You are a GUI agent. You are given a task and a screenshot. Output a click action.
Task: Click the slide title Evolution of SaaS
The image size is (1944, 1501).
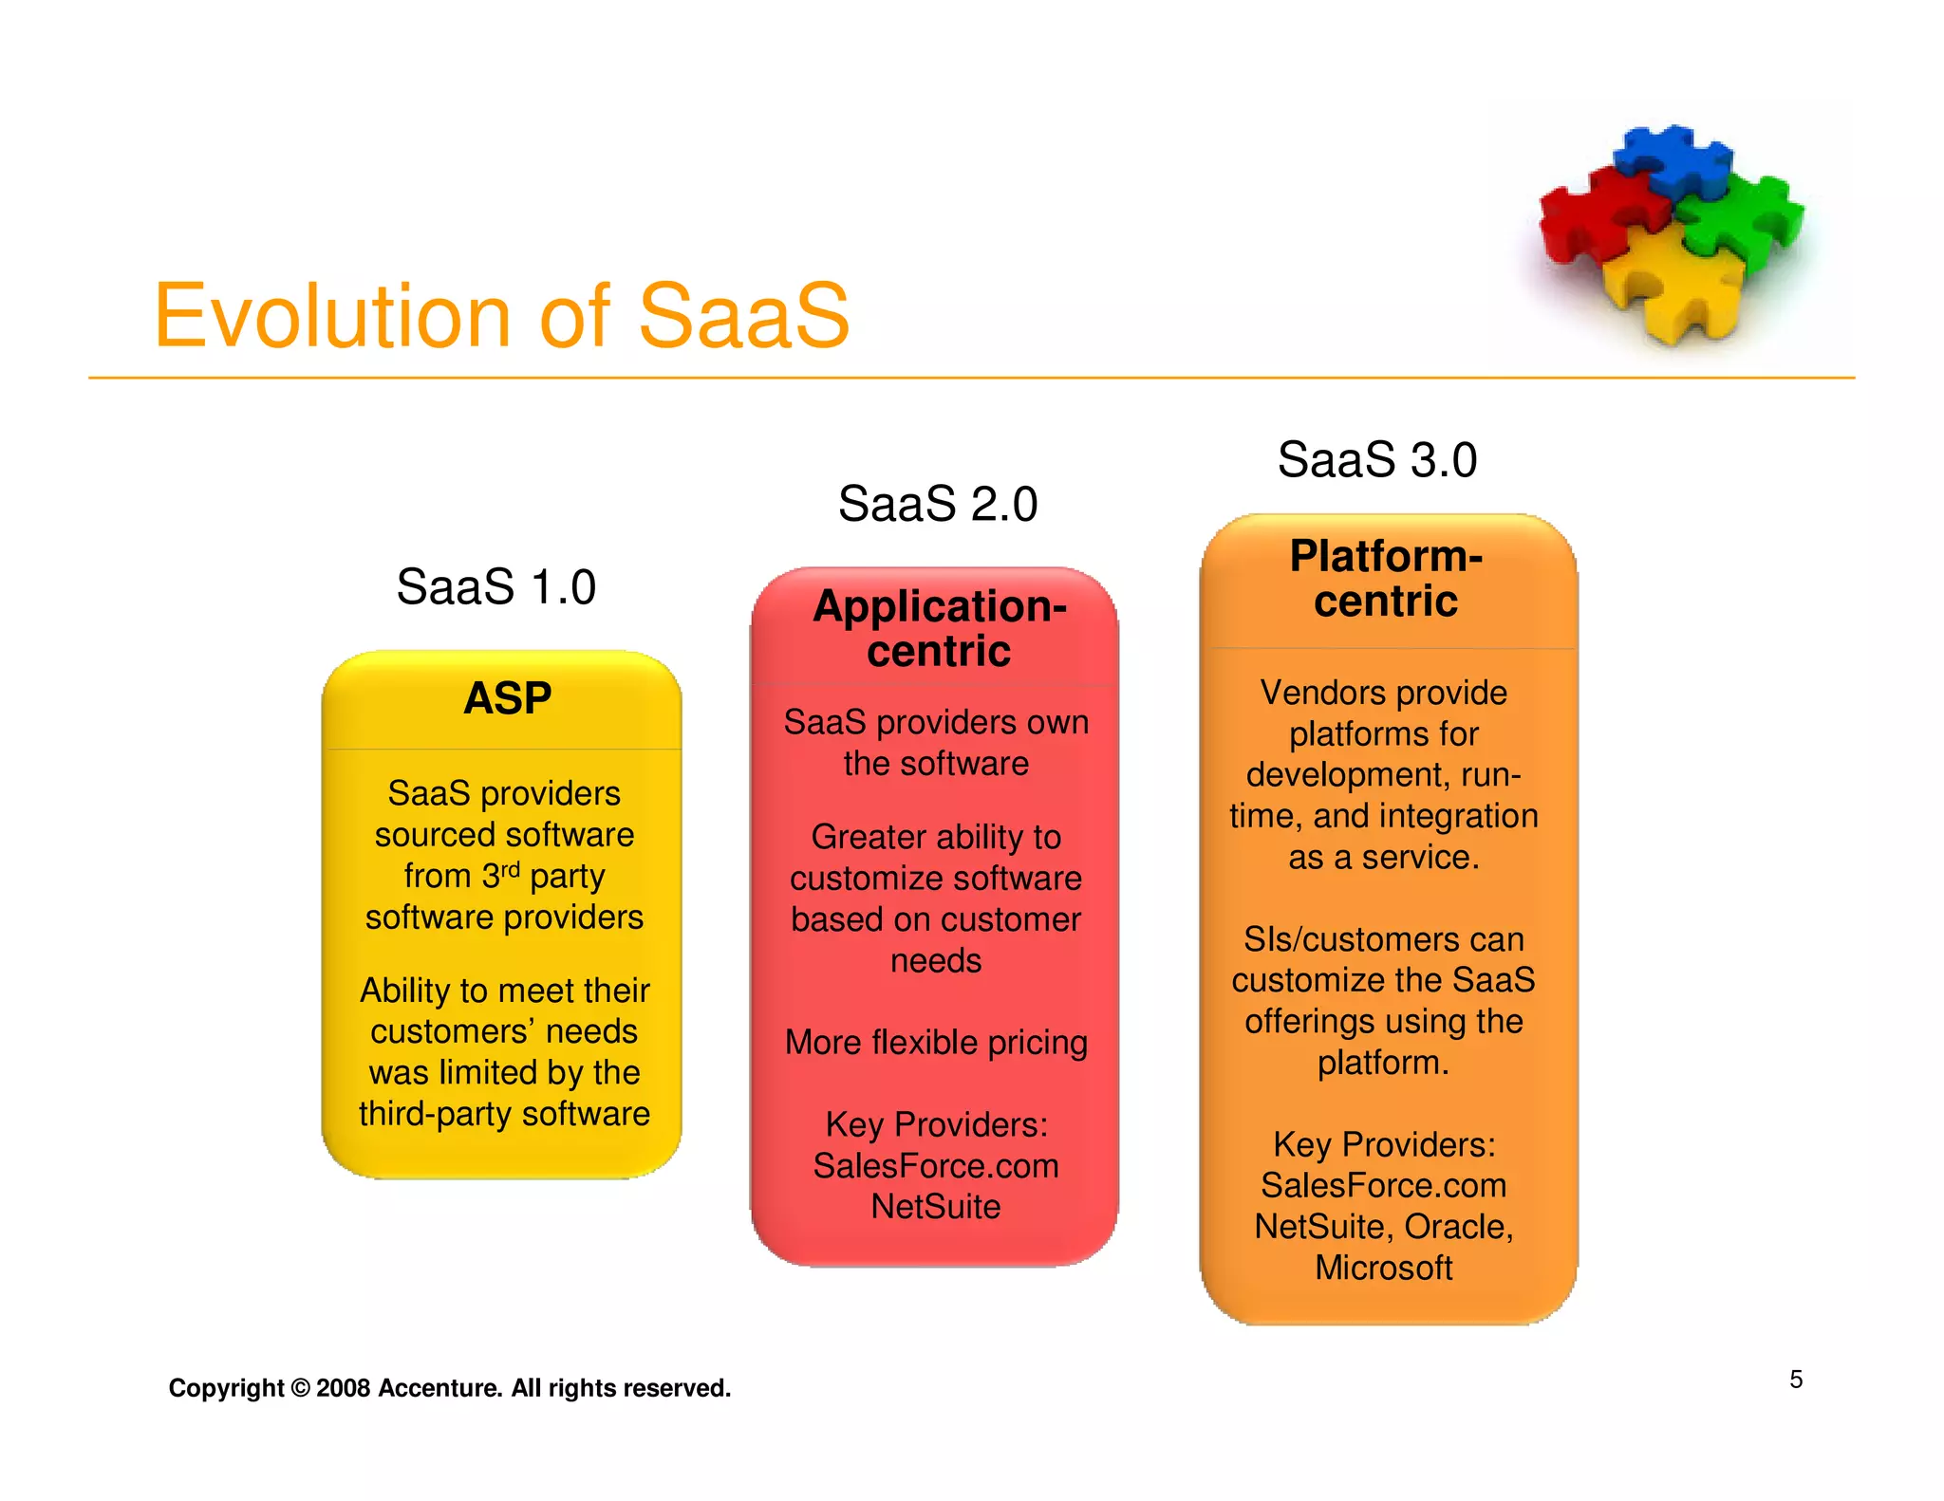coord(501,316)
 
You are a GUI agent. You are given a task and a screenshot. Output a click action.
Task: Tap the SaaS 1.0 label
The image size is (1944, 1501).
coord(495,586)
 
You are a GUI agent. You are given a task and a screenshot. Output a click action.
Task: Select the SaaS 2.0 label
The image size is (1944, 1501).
coord(937,504)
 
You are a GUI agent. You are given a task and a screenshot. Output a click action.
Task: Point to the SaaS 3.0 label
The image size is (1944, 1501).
coord(1376,460)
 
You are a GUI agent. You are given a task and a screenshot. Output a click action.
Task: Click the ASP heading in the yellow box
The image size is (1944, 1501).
coord(507,699)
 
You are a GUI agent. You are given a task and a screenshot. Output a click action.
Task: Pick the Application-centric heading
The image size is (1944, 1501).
coord(939,628)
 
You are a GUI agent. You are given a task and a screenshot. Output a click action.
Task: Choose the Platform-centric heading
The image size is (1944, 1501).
coord(1385,578)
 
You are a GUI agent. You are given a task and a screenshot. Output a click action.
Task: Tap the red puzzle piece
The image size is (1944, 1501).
coord(1595,213)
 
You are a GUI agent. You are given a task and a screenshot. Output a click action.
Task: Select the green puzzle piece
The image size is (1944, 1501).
coord(1747,218)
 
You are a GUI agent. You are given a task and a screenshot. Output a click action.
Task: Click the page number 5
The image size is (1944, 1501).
coord(1796,1380)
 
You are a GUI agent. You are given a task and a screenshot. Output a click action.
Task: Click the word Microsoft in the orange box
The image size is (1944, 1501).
coord(1383,1269)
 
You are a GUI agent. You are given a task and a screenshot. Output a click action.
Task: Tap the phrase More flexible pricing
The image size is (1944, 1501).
coord(936,1043)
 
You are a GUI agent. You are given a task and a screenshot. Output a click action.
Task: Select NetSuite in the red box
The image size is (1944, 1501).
coord(936,1207)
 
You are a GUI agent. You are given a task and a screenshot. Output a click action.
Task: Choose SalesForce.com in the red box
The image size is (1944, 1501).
coord(936,1166)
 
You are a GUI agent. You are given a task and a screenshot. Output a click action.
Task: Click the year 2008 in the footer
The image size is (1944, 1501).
coord(343,1388)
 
